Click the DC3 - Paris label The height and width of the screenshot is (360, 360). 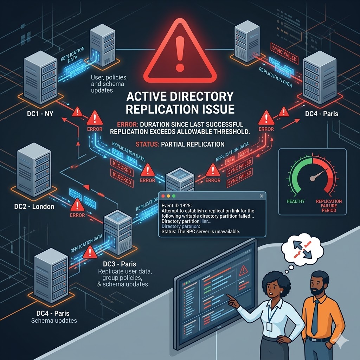point(120,264)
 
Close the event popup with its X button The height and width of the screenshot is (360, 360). point(261,196)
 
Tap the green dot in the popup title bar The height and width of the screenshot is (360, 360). point(174,196)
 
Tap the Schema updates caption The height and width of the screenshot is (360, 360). point(54,320)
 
